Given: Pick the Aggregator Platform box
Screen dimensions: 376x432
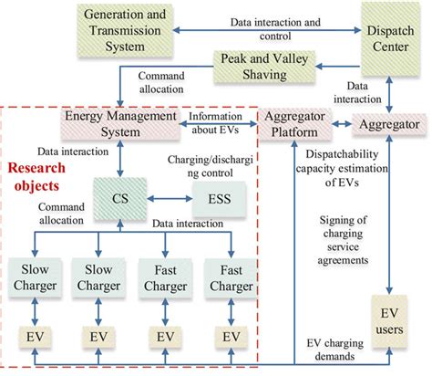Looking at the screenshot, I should [293, 125].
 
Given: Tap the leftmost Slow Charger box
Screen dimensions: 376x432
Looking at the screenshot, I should [33, 278].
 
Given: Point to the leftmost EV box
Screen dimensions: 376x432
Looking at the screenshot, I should [33, 337].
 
